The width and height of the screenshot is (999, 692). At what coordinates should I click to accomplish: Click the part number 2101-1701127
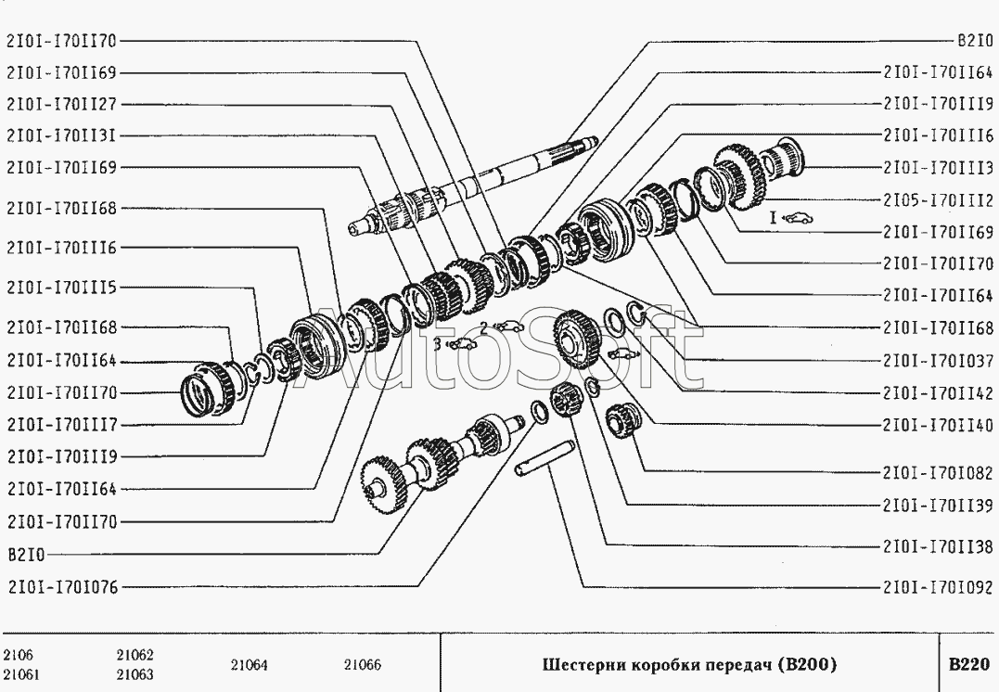tap(62, 104)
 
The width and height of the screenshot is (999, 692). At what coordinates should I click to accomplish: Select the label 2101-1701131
tap(62, 135)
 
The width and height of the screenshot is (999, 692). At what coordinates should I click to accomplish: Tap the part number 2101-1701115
tap(62, 288)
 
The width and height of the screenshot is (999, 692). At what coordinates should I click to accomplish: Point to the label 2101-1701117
tap(62, 424)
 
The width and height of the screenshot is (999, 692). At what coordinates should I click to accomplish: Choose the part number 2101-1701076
tap(63, 587)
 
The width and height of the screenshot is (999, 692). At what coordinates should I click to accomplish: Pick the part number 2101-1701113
tap(938, 168)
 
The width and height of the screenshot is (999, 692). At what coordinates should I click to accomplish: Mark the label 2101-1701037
tap(938, 361)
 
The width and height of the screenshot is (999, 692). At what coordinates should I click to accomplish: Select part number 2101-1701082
tap(938, 473)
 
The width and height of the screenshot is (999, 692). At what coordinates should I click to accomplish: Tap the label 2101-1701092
tap(938, 587)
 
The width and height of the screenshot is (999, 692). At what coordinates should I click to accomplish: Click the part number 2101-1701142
tap(938, 393)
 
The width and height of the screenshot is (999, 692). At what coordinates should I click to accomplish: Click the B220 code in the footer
tap(969, 664)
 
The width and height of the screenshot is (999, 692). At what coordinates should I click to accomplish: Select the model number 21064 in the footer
tap(250, 666)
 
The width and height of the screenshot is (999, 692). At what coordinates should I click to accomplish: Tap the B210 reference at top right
tap(976, 41)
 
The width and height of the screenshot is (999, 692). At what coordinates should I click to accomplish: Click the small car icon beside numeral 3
tap(463, 345)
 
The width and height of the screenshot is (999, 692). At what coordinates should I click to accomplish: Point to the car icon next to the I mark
tap(798, 219)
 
